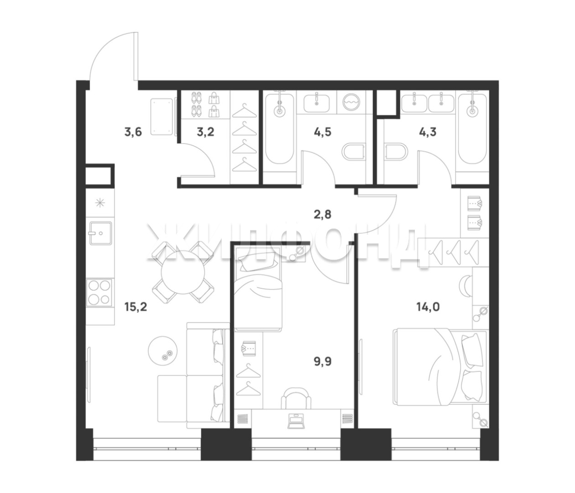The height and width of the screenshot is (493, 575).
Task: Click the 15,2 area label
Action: pos(136,307)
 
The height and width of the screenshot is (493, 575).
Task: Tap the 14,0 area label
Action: pos(428,307)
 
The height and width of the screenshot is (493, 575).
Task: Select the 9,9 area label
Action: pos(323,362)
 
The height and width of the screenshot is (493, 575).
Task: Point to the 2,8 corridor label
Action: pos(323,215)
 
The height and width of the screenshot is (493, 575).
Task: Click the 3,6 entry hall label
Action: pos(133,132)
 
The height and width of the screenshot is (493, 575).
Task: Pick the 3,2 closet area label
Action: pos(205,132)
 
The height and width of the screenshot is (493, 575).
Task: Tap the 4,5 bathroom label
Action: pos(323,132)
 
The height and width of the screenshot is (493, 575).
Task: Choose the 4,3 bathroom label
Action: pos(428,132)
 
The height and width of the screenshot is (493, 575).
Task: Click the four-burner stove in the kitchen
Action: pos(99,293)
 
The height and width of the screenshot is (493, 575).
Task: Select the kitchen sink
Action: pos(100,233)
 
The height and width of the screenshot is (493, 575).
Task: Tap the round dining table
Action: pos(183,272)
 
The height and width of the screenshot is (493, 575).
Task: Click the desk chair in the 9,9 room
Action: pos(296,399)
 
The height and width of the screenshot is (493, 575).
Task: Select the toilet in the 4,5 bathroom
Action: pos(353,152)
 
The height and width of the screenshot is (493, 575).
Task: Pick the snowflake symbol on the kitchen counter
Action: pos(100,203)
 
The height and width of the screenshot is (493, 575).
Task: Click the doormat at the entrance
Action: pos(162,116)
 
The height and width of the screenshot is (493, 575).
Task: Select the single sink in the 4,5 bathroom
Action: pos(317,104)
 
